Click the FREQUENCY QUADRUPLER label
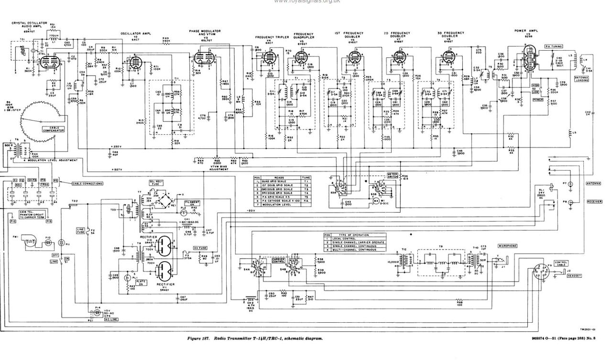point(304,35)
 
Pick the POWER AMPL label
point(526,30)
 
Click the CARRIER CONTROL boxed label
point(279,261)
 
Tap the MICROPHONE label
point(507,246)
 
